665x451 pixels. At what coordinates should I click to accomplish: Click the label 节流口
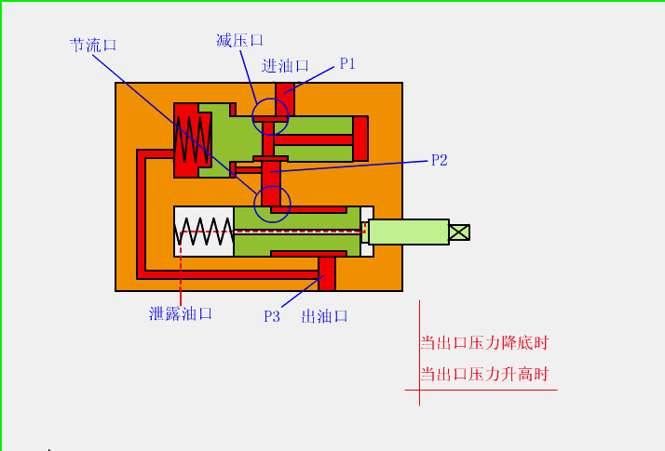93,45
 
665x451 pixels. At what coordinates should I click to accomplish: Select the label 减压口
239,40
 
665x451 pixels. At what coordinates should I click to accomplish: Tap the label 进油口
285,66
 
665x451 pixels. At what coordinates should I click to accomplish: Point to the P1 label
347,64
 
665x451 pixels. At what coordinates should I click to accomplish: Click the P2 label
440,160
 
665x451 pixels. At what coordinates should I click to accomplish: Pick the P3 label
271,316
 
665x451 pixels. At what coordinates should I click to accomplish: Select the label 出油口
325,316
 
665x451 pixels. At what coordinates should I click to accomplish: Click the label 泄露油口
181,313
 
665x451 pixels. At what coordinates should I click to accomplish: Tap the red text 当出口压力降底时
484,342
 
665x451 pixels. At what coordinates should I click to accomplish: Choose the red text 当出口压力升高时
484,375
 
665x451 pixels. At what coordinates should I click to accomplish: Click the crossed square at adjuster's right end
459,232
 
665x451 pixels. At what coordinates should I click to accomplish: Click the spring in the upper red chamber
192,139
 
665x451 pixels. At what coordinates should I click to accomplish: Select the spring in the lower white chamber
204,232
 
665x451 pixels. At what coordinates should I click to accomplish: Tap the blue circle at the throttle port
272,204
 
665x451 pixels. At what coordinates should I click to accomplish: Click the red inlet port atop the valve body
284,97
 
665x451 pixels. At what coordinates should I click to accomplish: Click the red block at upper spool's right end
360,139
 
